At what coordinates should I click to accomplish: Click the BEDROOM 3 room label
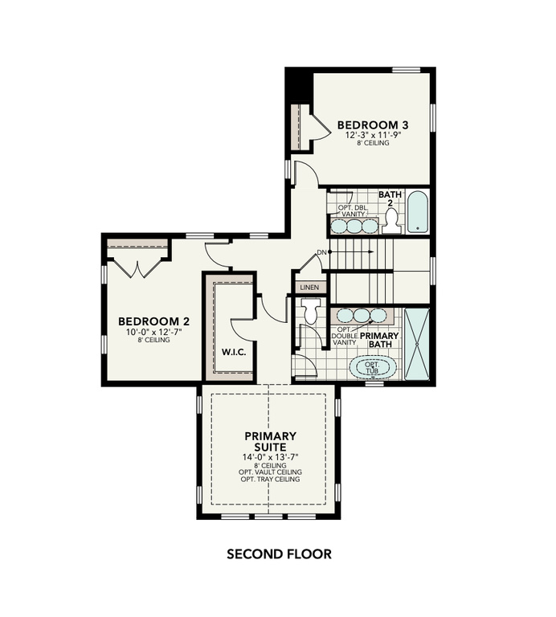click(x=373, y=125)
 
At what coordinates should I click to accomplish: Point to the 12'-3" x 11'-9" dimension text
click(x=373, y=136)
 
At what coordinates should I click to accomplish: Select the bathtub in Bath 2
click(x=417, y=213)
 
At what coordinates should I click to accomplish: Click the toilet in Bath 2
click(x=391, y=223)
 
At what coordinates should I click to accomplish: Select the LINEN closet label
click(x=309, y=287)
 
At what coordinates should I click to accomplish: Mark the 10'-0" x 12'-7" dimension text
click(x=147, y=333)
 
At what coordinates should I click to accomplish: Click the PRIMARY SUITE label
click(x=270, y=441)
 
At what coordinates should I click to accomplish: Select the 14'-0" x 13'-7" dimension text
click(x=270, y=457)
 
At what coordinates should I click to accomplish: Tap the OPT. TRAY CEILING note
click(x=270, y=479)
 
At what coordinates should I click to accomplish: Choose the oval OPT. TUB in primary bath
click(x=372, y=368)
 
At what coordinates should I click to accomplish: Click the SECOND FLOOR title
click(x=278, y=554)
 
